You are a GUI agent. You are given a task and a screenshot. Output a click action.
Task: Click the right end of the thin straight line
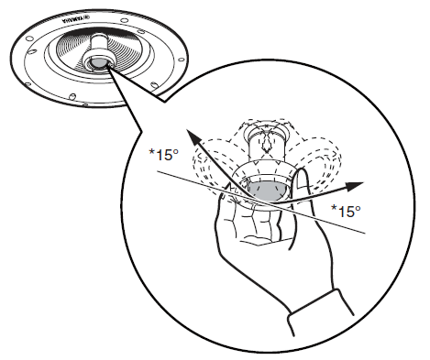tap(367, 234)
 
